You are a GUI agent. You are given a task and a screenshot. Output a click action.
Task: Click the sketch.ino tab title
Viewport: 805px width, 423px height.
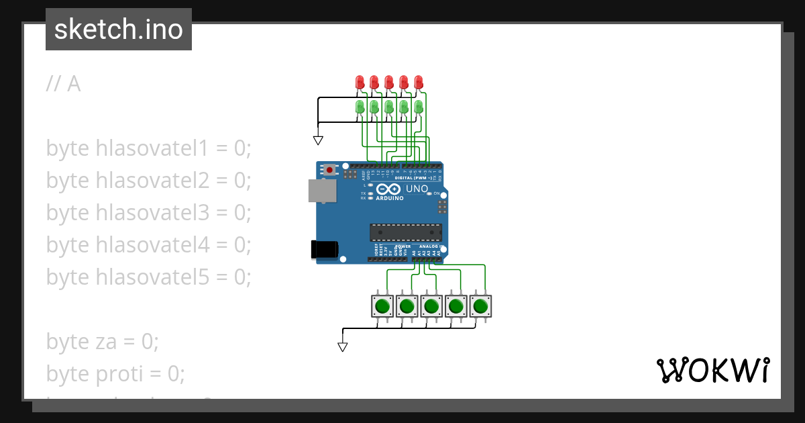(x=119, y=30)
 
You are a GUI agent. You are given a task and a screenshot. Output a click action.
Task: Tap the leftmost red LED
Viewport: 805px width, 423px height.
(x=360, y=82)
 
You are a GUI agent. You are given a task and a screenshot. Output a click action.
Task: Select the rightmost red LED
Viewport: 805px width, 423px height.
(x=419, y=82)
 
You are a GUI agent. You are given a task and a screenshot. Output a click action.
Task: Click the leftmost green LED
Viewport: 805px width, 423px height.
(x=360, y=107)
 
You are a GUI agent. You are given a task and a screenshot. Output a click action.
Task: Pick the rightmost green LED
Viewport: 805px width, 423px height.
(x=419, y=107)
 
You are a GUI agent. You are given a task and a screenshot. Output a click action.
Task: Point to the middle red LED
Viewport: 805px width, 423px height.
(x=389, y=82)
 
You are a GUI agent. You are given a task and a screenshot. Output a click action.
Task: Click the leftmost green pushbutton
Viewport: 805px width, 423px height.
(x=382, y=307)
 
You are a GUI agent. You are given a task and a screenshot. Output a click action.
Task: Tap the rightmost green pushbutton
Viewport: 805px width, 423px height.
(x=480, y=307)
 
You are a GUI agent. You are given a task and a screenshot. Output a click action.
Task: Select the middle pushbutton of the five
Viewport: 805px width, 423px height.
(x=431, y=307)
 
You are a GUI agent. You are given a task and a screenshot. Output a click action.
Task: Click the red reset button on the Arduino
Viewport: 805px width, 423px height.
(x=329, y=171)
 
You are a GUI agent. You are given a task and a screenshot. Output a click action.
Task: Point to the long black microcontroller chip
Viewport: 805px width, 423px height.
(x=406, y=232)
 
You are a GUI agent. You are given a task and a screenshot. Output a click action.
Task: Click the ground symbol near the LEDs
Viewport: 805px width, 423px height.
(x=318, y=140)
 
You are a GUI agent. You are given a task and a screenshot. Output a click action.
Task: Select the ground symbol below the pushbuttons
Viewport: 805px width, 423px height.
(x=343, y=347)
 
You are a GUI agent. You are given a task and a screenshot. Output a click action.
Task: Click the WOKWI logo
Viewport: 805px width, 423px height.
(x=712, y=371)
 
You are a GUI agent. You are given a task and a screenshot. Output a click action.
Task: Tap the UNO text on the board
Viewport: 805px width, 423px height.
(x=417, y=189)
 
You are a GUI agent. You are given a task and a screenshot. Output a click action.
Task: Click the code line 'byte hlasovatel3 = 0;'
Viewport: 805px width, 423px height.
(x=148, y=212)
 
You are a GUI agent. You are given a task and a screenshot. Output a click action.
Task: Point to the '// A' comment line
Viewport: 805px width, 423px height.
(x=64, y=84)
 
